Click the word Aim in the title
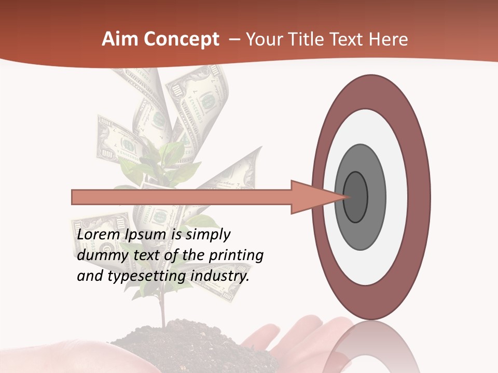(120, 39)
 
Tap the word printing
(236, 256)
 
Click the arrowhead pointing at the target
(316, 197)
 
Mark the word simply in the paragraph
(208, 235)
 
